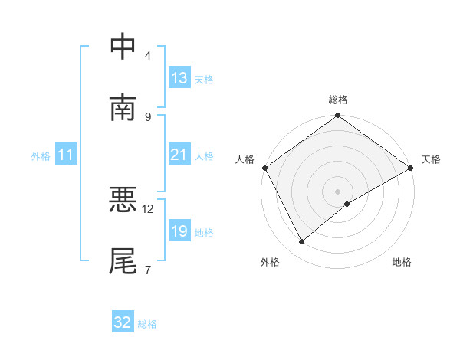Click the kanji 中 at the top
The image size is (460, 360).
pos(123,47)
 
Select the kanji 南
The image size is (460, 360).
pos(123,108)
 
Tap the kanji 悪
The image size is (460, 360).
pos(123,201)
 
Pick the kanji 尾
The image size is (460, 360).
pos(123,261)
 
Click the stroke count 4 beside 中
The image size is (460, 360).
pos(147,56)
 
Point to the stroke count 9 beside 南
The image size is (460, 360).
pos(147,116)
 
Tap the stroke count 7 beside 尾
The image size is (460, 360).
pos(147,270)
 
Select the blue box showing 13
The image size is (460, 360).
pos(179,78)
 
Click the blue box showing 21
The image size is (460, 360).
pos(179,155)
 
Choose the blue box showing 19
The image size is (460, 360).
pos(179,231)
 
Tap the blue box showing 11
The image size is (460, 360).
pos(66,155)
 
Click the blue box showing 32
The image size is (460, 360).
pos(123,322)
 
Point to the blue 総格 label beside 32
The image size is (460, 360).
pos(147,324)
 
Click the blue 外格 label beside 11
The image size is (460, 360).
pos(41,156)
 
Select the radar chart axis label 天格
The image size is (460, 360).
pos(431,159)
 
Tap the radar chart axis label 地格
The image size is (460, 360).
pos(402,262)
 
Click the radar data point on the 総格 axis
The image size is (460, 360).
pos(337,116)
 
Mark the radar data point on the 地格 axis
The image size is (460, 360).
pos(347,204)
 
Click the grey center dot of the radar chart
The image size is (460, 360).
pos(337,191)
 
